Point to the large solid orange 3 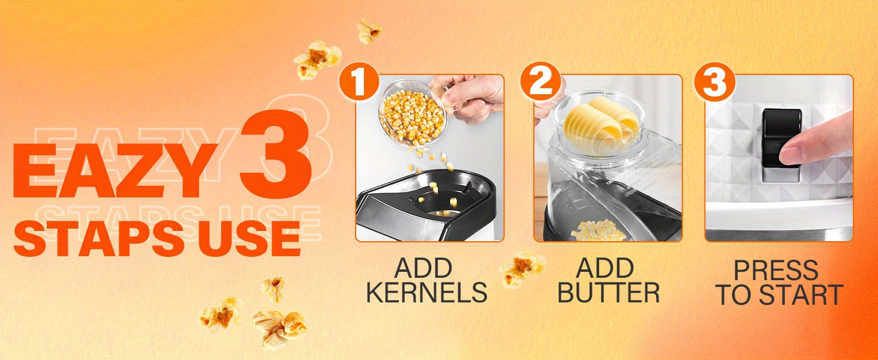[276, 155]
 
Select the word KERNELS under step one [427, 292]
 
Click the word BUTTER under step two [608, 292]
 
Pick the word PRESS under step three [775, 270]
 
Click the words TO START [779, 295]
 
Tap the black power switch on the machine [781, 138]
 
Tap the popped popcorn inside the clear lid [599, 232]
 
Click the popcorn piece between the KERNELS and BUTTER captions [522, 269]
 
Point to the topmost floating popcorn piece [368, 31]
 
